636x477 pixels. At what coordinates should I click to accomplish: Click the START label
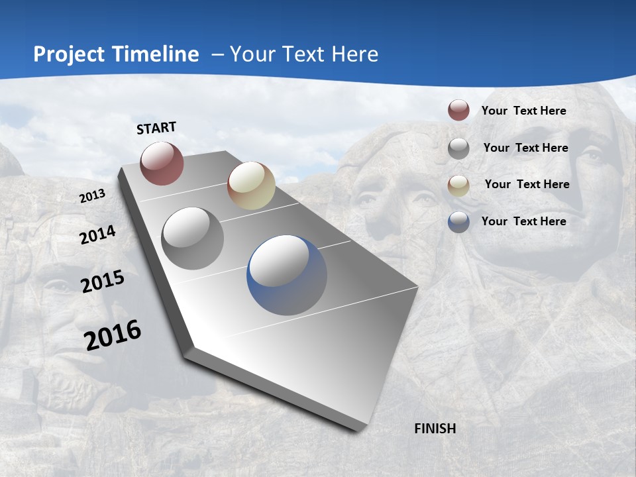[x=156, y=128]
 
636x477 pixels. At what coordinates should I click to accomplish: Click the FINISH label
[x=435, y=429]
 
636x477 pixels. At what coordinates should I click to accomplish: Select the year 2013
[x=92, y=196]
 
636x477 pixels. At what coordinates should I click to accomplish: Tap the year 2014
[x=97, y=235]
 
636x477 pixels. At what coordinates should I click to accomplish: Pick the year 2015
[x=103, y=282]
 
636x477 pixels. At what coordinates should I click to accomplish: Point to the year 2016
[x=113, y=335]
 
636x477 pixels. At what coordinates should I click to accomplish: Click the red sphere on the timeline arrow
[x=162, y=163]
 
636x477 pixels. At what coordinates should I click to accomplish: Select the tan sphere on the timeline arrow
[x=251, y=185]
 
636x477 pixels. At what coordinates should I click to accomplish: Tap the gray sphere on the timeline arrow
[x=192, y=238]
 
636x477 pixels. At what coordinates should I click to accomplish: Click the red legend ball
[x=458, y=110]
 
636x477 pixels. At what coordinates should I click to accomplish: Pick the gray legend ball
[x=458, y=148]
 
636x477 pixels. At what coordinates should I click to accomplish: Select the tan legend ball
[x=458, y=185]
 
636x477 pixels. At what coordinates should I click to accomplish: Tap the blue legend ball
[x=458, y=222]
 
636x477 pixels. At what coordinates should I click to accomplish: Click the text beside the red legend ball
[x=523, y=111]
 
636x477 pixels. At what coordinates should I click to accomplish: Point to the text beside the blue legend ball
[x=523, y=221]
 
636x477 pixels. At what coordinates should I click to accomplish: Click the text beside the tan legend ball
[x=527, y=184]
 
